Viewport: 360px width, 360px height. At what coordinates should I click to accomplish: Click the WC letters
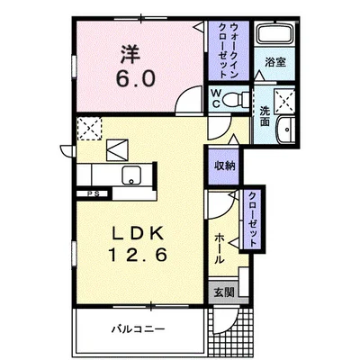tap(216, 97)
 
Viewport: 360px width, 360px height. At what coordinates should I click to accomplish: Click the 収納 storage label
tap(225, 166)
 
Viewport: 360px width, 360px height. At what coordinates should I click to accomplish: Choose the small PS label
tap(92, 193)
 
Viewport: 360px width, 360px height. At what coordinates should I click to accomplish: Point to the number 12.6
tap(137, 255)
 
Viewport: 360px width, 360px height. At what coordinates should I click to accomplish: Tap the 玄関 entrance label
tap(221, 292)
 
